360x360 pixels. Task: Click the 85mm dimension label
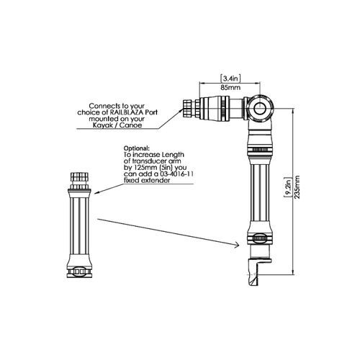(230, 88)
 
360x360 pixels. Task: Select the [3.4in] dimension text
(230, 78)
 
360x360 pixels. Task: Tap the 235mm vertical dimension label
(297, 187)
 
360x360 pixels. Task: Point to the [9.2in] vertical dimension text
(288, 187)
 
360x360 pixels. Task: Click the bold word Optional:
(137, 148)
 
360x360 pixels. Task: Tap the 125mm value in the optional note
(143, 168)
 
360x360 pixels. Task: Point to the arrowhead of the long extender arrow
(236, 245)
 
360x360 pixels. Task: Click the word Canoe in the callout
(131, 125)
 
